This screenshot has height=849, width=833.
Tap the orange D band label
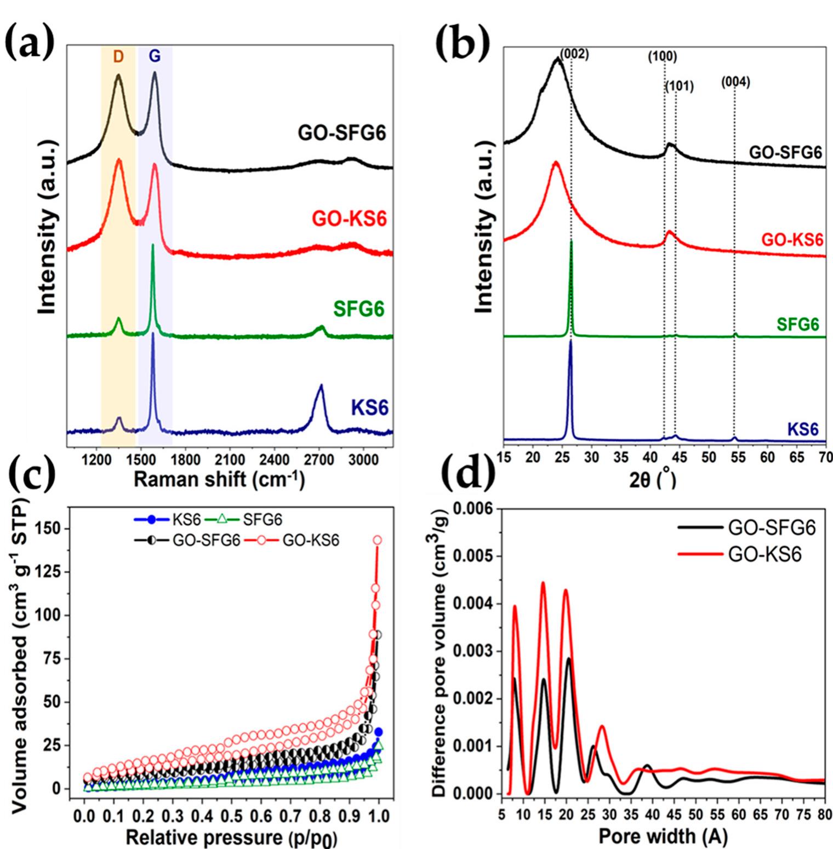click(x=118, y=57)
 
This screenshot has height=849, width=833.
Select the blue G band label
click(x=155, y=57)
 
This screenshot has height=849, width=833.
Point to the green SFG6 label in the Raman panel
click(x=359, y=309)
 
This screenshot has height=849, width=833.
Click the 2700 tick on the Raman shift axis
click(x=318, y=458)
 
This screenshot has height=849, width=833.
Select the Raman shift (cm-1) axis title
click(x=219, y=479)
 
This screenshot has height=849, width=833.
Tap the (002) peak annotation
click(x=574, y=54)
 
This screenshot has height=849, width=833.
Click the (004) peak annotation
click(x=735, y=82)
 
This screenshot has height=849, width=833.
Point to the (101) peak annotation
click(x=680, y=86)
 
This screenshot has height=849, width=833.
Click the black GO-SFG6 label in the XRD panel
click(x=786, y=152)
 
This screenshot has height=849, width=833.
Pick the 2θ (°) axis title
click(x=652, y=480)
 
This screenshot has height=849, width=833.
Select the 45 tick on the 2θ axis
click(x=680, y=457)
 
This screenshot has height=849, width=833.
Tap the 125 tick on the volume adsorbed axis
click(x=48, y=572)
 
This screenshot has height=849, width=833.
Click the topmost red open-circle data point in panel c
click(x=377, y=540)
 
